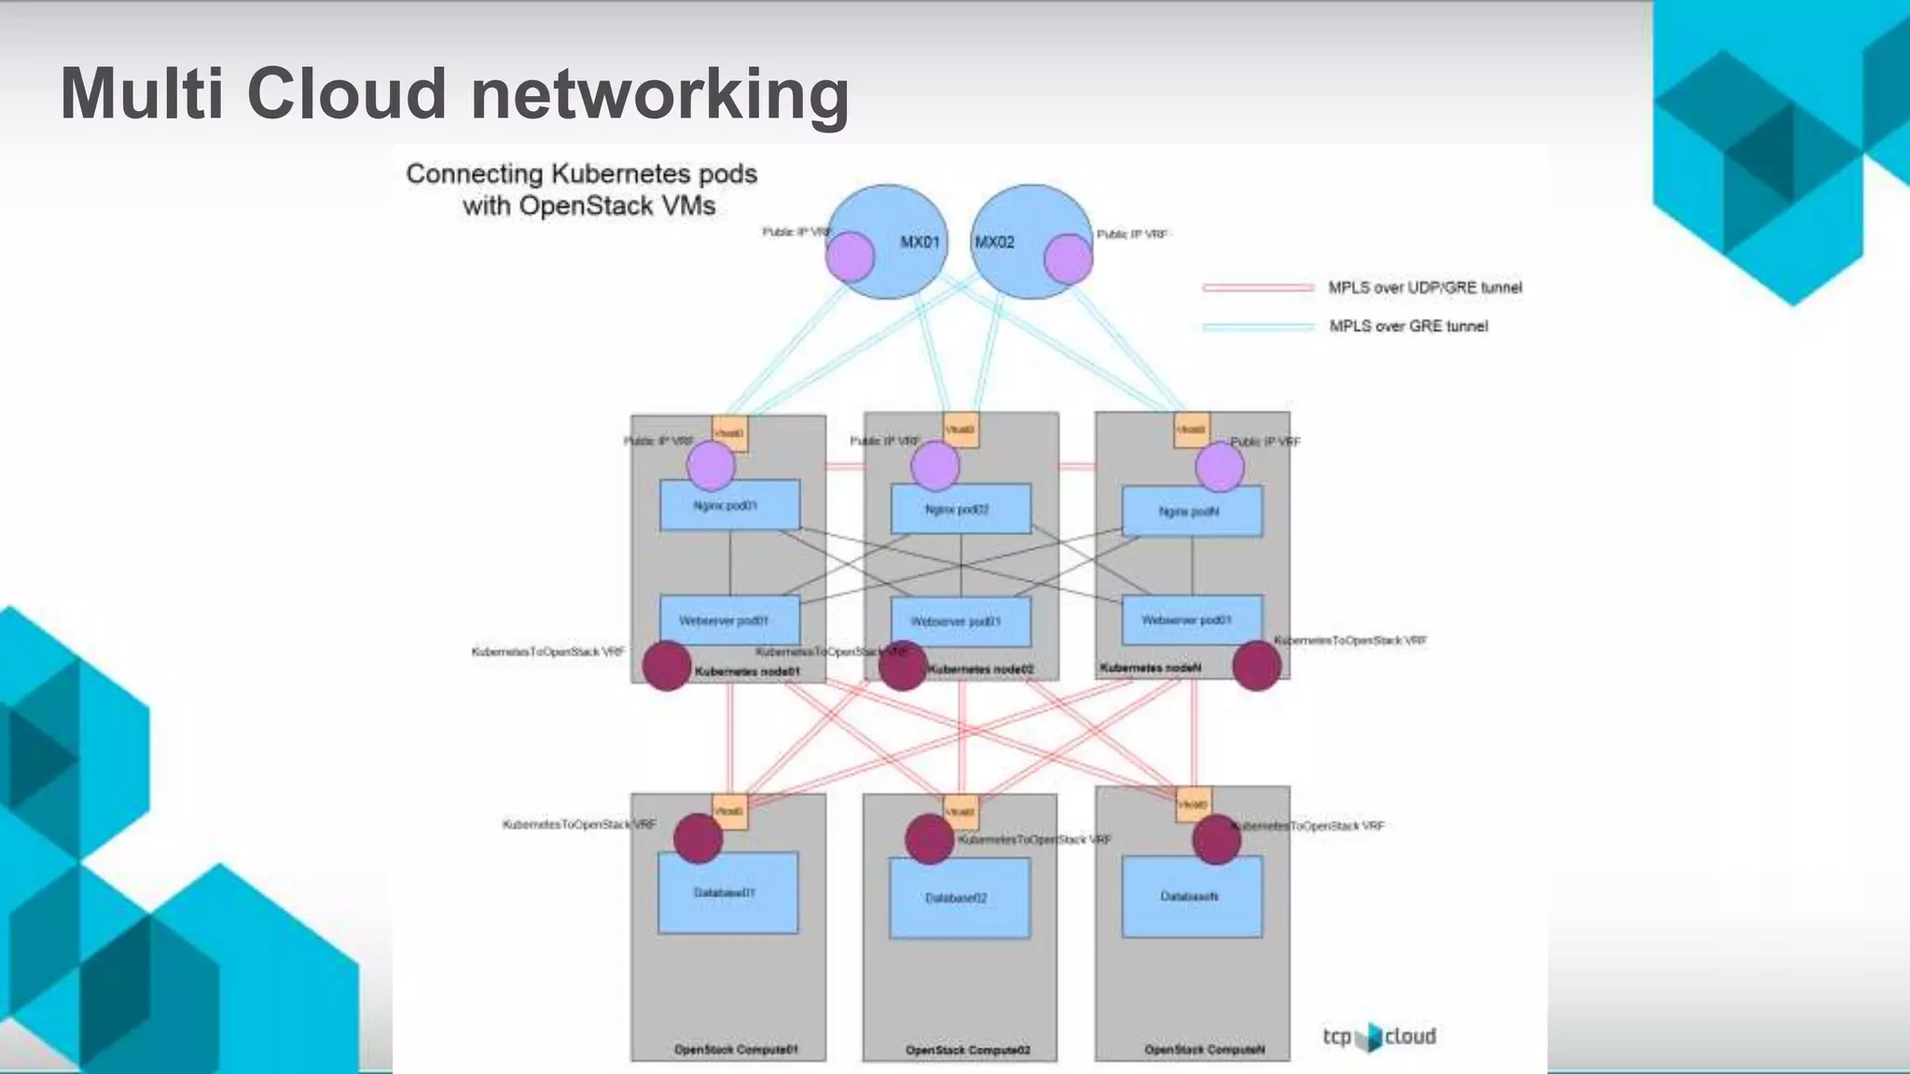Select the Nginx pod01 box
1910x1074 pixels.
point(729,505)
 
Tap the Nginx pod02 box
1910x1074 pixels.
point(961,509)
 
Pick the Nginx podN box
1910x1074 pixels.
point(1192,512)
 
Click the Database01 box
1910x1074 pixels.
point(727,893)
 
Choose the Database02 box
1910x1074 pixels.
point(960,898)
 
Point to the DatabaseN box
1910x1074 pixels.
point(1192,897)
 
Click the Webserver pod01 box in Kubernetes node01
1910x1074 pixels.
point(729,620)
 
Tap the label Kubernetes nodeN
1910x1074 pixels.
point(1150,668)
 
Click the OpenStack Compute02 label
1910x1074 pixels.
point(967,1050)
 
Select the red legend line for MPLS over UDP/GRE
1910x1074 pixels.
point(1258,287)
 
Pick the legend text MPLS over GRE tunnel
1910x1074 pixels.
point(1408,325)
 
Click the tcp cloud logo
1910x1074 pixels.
point(1379,1037)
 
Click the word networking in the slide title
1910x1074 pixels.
point(660,95)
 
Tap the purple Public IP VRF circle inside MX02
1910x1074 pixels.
point(1068,258)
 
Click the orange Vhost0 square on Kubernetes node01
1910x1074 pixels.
point(729,434)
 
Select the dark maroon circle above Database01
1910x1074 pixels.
point(698,838)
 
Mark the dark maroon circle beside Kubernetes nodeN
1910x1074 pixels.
point(1256,666)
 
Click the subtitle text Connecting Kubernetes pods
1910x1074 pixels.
point(581,173)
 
